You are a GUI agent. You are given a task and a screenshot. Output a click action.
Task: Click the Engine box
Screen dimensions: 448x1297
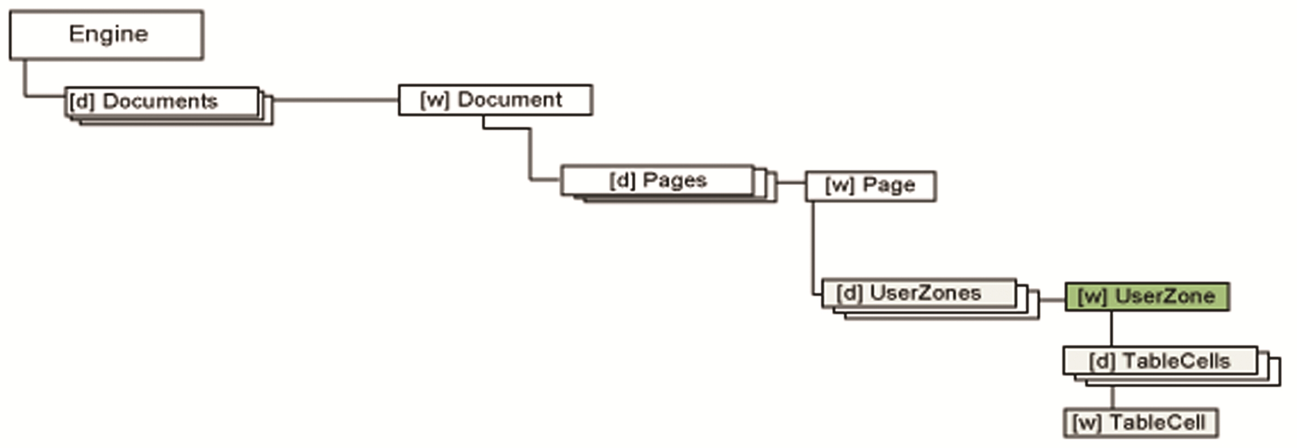(x=106, y=35)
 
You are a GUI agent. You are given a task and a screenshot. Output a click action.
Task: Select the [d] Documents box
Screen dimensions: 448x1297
(x=162, y=101)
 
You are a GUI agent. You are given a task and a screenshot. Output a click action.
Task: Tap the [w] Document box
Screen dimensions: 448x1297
(x=495, y=100)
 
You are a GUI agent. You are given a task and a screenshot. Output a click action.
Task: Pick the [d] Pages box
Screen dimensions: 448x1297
(x=658, y=181)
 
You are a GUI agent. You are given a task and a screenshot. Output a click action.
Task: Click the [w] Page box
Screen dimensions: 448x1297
(x=870, y=186)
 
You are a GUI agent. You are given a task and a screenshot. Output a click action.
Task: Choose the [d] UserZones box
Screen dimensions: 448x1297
(x=919, y=294)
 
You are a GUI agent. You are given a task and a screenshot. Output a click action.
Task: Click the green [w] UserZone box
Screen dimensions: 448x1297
(x=1147, y=297)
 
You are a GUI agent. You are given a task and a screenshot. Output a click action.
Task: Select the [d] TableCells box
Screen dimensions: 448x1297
(x=1160, y=361)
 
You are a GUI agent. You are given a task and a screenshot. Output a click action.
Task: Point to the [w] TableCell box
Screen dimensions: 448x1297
(x=1140, y=423)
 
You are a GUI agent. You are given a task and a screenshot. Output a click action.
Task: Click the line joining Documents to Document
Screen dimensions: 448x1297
(x=335, y=100)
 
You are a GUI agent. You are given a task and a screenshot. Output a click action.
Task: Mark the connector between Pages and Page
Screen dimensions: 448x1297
(x=791, y=182)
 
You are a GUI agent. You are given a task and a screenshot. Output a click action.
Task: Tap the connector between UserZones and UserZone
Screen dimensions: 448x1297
(x=1052, y=300)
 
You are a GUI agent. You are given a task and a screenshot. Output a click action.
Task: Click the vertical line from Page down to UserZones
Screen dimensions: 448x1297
(x=813, y=246)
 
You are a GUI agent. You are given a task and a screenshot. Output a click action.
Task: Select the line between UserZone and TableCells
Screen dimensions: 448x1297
(x=1111, y=328)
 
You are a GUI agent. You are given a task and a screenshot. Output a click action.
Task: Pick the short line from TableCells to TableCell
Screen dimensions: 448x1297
(x=1112, y=397)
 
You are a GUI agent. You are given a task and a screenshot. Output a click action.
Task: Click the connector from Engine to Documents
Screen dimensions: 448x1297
(x=25, y=82)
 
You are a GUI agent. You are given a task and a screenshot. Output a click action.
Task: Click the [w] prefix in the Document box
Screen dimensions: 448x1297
(x=435, y=100)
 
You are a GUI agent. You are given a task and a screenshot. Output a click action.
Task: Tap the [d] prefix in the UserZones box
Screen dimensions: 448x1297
(x=849, y=294)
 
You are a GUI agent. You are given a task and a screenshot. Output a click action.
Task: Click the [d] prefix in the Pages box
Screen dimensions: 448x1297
(x=622, y=181)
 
